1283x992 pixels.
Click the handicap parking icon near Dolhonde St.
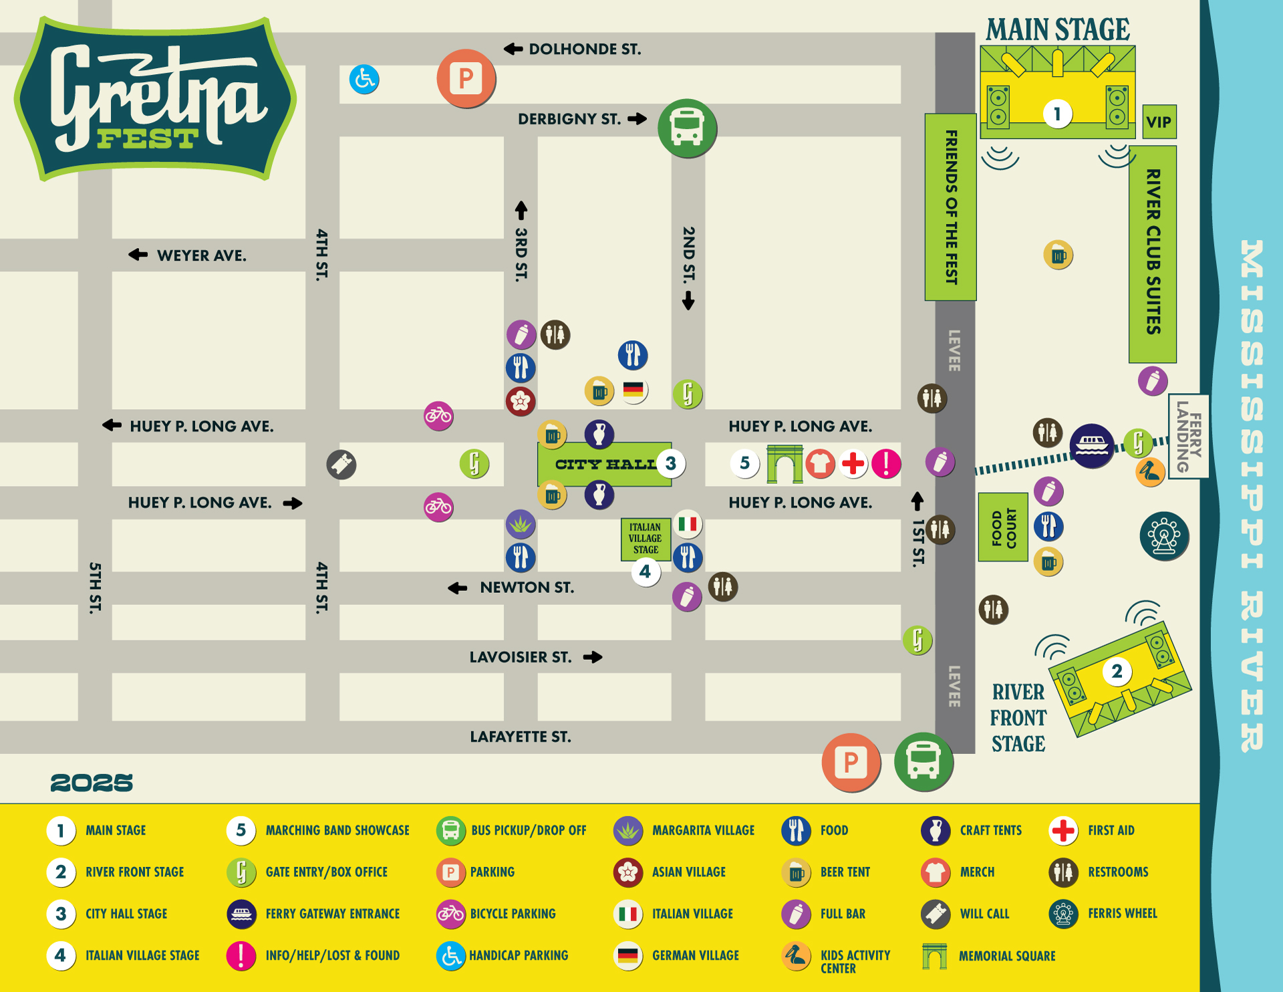(364, 80)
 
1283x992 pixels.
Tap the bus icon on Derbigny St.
(687, 128)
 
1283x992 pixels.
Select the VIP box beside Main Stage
(1159, 122)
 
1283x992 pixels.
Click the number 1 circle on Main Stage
(1057, 114)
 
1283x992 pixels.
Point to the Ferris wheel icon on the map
(1164, 536)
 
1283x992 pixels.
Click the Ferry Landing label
(1189, 437)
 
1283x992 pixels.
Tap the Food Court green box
(1003, 527)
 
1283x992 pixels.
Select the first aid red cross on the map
(853, 463)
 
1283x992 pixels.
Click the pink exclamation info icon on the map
(886, 463)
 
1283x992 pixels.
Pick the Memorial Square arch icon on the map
(785, 463)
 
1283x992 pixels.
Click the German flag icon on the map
(633, 389)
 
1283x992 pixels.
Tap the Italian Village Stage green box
(645, 538)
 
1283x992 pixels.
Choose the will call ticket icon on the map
(341, 465)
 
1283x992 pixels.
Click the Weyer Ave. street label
(201, 255)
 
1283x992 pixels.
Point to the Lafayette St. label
(520, 737)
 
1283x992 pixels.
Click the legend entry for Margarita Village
(703, 830)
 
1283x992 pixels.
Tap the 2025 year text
(92, 783)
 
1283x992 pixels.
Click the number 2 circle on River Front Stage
(1117, 671)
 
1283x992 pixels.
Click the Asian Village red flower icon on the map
(521, 401)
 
